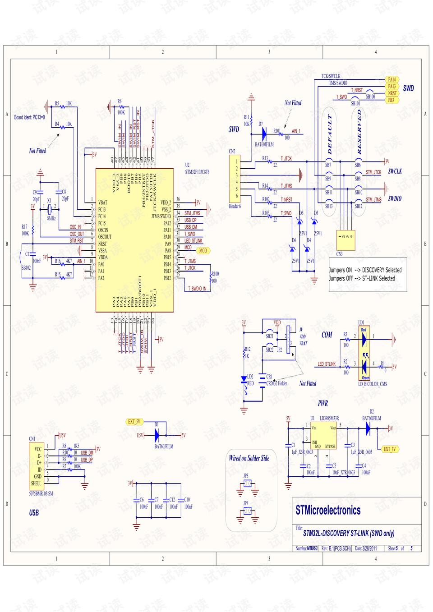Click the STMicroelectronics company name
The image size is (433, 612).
coord(328,510)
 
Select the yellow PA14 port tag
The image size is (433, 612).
coord(392,79)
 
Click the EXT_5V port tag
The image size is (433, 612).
coord(134,422)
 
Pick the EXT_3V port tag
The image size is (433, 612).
coord(390,449)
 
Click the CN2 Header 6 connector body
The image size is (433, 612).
coord(234,179)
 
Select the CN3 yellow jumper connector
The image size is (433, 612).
coord(345,240)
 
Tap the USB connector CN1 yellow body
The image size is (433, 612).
coord(37,466)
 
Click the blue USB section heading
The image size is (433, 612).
coord(34,513)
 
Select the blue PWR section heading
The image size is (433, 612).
coord(323,403)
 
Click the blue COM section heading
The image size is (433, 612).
coord(327,335)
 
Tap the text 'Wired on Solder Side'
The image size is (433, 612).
coord(249,458)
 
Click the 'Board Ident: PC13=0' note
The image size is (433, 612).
coord(29,117)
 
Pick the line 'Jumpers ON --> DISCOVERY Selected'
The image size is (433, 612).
coord(365,270)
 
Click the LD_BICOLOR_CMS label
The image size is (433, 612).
coord(373,384)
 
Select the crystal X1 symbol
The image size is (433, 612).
coord(50,209)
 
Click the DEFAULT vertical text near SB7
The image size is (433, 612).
coord(330,134)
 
